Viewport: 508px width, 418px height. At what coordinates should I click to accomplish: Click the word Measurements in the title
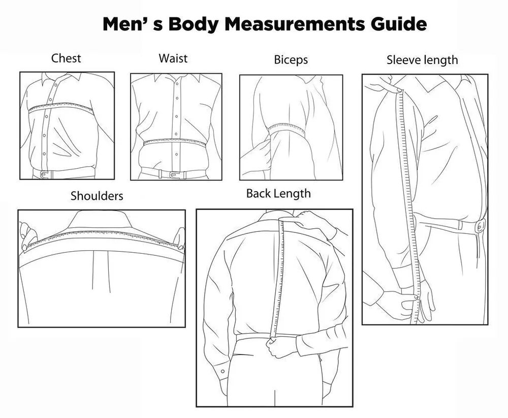pos(295,24)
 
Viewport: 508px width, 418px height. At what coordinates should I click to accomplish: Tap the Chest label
pos(66,58)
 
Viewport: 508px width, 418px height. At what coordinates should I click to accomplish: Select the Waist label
pos(173,58)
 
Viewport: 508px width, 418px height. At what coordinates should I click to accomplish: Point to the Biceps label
pos(291,60)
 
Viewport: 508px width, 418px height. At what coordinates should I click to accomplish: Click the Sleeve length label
pos(422,61)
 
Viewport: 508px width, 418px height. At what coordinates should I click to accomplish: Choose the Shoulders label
pos(97,196)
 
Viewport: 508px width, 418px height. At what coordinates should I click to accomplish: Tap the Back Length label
pos(278,194)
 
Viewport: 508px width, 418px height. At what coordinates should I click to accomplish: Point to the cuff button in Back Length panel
pos(223,371)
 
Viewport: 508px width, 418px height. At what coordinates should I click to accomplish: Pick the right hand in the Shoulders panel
pos(179,238)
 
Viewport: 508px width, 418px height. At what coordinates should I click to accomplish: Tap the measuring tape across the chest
pos(61,107)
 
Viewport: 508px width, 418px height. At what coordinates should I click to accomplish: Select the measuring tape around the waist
pos(175,142)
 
